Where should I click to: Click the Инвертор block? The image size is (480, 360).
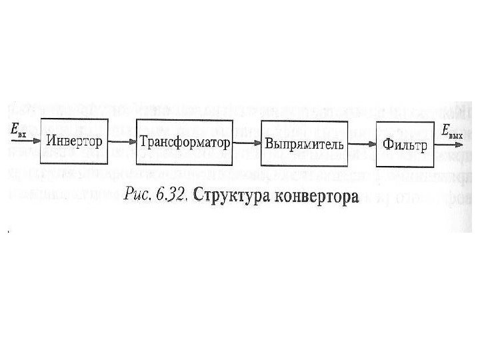point(75,141)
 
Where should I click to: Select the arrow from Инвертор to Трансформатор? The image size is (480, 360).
point(122,142)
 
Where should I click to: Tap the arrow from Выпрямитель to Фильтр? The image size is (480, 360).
point(361,144)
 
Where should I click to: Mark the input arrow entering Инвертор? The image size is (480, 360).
point(25,140)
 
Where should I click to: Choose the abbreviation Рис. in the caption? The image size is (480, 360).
point(139,195)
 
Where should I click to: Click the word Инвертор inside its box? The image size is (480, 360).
point(75,141)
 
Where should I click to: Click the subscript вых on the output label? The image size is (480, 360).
point(456,135)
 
